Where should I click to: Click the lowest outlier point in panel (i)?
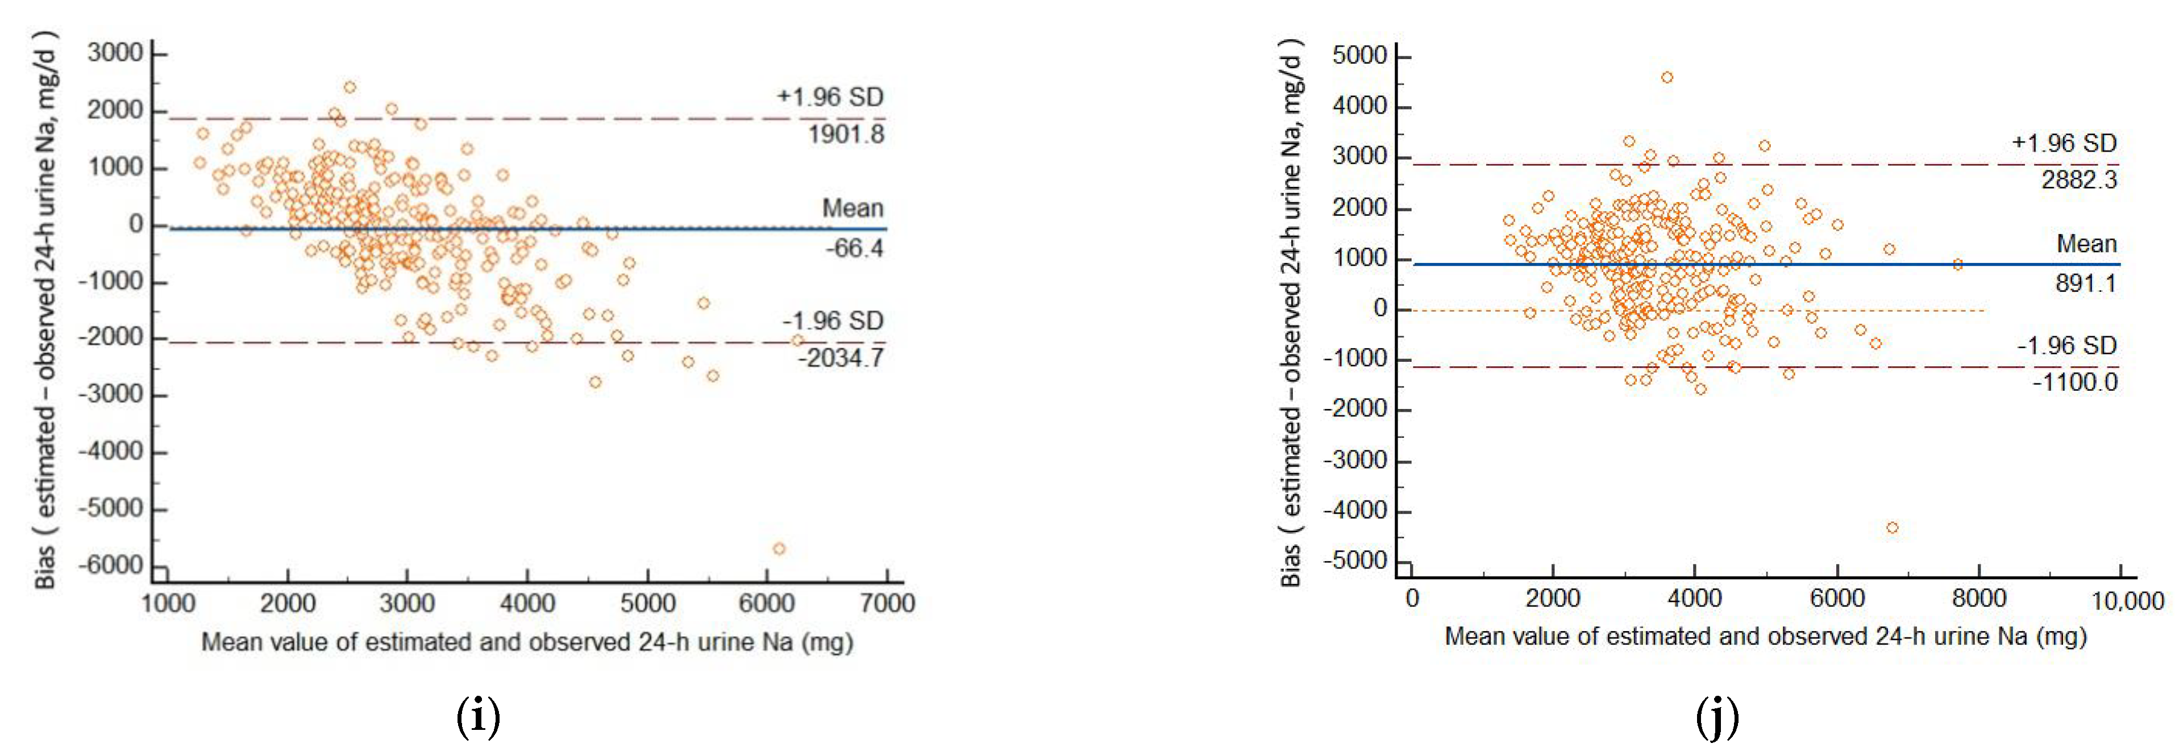tap(779, 549)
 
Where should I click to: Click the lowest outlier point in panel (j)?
tap(1892, 527)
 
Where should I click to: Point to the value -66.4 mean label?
tap(854, 248)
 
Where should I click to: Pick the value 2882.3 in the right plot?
tap(2079, 179)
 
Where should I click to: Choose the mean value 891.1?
tap(2086, 283)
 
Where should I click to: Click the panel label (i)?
tap(478, 718)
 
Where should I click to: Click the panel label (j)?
tap(1717, 718)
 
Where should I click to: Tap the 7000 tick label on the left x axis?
tap(887, 603)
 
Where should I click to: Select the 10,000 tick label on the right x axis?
tap(2127, 601)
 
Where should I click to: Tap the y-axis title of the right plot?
tap(1292, 312)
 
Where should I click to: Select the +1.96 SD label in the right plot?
tap(2064, 143)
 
